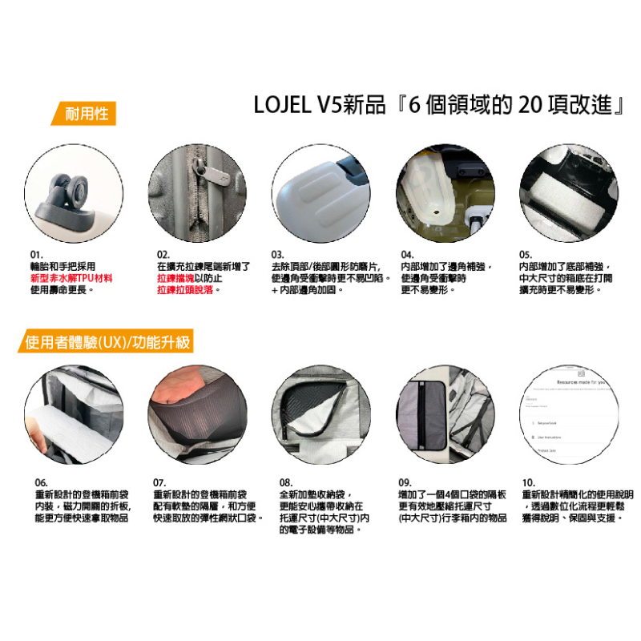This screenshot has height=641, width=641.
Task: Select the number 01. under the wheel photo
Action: click(37, 254)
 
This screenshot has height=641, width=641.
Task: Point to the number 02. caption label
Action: click(163, 254)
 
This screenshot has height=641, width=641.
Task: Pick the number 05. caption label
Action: click(526, 254)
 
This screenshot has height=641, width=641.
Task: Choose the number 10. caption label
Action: click(528, 483)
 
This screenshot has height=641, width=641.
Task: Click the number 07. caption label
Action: click(159, 483)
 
